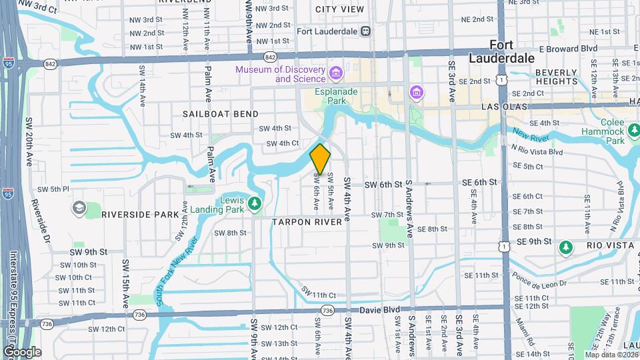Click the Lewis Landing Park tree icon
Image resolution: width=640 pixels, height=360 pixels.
[x=253, y=203]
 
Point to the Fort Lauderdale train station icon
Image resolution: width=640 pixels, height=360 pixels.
[x=365, y=31]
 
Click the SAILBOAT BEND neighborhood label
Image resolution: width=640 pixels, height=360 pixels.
[x=221, y=114]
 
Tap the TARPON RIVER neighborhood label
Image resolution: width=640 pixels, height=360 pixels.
[x=311, y=221]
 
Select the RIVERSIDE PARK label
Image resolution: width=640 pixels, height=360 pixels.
[x=141, y=215]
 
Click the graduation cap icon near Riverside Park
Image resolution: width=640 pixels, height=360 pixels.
[x=79, y=209]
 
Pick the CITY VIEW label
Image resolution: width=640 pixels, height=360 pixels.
[x=339, y=9]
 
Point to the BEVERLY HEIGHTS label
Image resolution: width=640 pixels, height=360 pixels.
[x=556, y=77]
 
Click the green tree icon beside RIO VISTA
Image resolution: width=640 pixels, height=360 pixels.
[x=566, y=248]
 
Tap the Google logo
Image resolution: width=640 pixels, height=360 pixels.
[x=21, y=351]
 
